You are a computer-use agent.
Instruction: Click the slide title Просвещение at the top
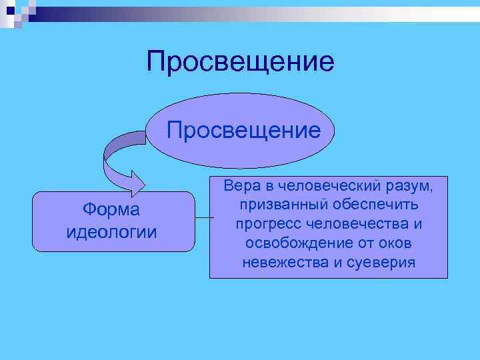click(x=240, y=62)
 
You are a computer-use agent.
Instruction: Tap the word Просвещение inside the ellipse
click(x=243, y=129)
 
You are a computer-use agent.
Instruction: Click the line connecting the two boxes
click(x=202, y=217)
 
